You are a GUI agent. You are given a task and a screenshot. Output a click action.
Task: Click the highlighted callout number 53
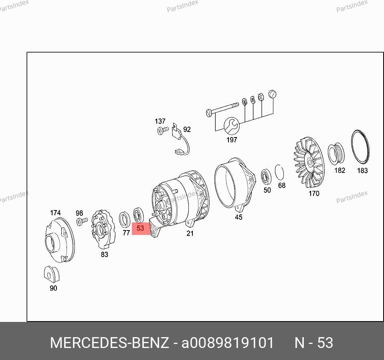coord(140,228)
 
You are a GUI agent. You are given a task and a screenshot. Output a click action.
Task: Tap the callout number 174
coord(55,213)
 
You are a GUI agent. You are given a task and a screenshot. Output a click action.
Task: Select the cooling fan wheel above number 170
coord(309,162)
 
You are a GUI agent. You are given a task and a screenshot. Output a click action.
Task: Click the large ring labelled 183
coord(360,147)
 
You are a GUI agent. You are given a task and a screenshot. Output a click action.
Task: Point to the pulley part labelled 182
coord(336,154)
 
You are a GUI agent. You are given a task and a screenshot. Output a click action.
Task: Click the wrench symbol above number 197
coord(231,126)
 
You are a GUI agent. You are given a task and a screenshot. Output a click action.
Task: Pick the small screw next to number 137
coord(163,130)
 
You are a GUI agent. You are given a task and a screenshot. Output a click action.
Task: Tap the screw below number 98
coord(82,221)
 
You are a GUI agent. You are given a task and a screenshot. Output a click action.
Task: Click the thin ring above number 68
coord(279,172)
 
